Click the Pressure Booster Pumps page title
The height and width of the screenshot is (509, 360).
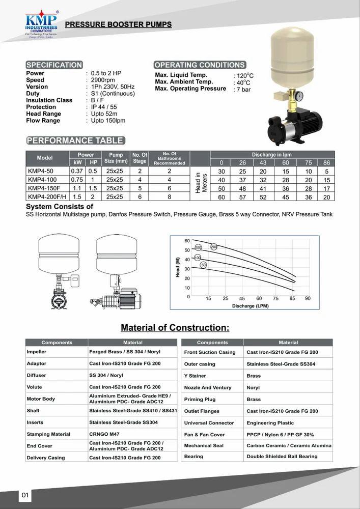119,24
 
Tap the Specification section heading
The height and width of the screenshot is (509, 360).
54,65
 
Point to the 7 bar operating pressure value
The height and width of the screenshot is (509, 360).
243,90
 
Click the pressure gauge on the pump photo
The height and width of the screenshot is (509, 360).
299,95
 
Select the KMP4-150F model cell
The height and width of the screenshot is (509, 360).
44,188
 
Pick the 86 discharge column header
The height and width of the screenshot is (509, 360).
327,162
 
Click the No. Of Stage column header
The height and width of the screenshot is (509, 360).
140,158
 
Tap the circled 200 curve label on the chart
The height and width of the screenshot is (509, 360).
214,247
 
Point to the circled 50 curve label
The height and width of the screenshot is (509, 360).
203,265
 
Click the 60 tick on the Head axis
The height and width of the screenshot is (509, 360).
187,241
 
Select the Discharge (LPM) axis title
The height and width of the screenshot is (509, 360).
250,306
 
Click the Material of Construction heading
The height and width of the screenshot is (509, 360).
175,327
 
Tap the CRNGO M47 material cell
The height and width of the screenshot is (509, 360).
104,434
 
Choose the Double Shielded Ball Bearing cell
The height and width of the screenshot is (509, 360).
282,456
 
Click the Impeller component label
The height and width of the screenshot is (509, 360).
36,352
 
